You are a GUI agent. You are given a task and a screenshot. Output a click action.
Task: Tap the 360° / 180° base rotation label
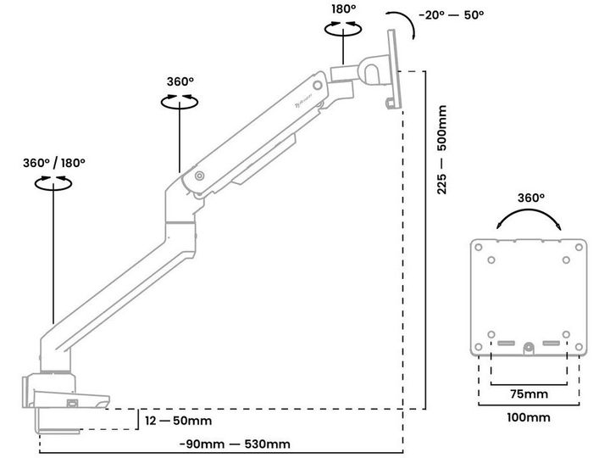tap(54, 162)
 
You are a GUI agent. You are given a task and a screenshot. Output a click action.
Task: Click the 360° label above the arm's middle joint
tap(180, 81)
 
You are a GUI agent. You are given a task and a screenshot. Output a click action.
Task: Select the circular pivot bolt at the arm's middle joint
tap(199, 177)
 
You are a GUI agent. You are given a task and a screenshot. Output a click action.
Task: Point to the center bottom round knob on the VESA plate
tap(529, 347)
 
